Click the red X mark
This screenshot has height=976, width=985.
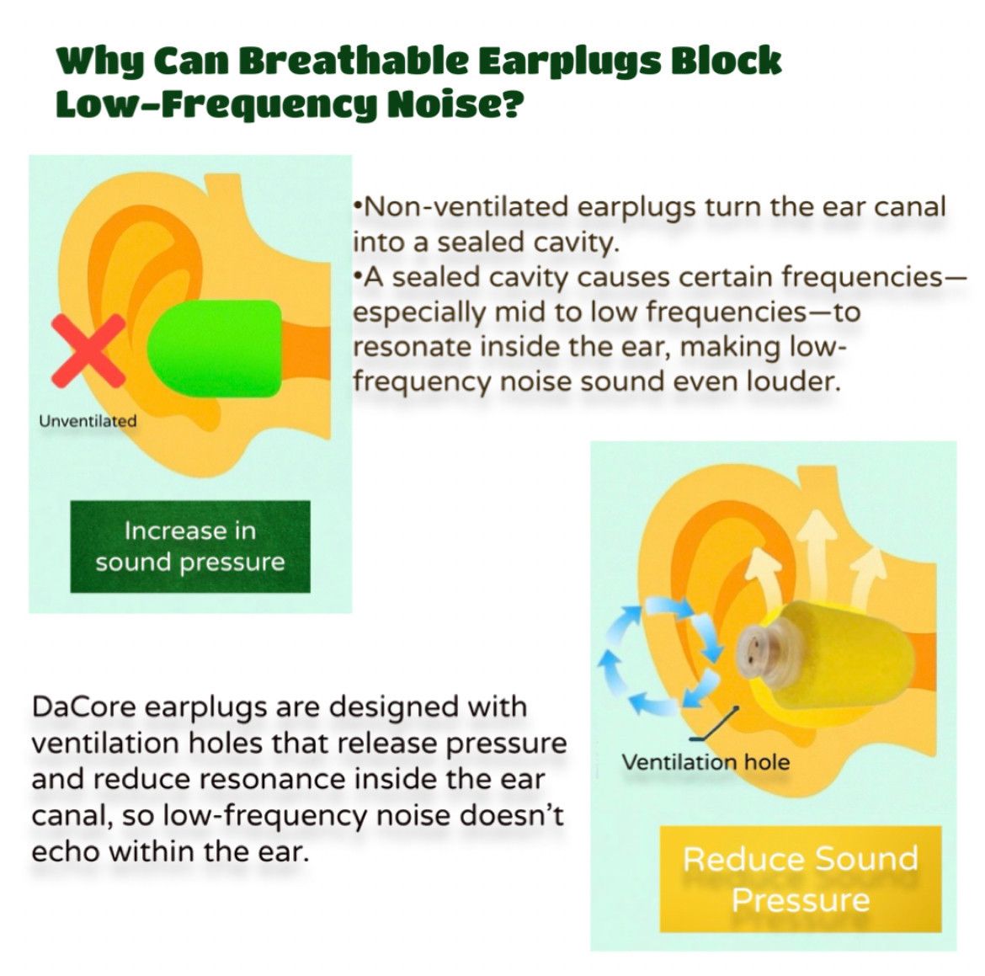coord(88,350)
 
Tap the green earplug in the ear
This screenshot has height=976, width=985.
coord(215,348)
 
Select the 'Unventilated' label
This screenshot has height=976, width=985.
coord(88,420)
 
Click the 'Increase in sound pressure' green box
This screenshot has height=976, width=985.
coord(190,547)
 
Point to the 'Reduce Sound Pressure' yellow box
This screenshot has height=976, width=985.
coord(801,878)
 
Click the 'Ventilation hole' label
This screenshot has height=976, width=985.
coord(705,762)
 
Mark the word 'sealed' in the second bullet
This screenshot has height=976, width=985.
coord(434,276)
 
